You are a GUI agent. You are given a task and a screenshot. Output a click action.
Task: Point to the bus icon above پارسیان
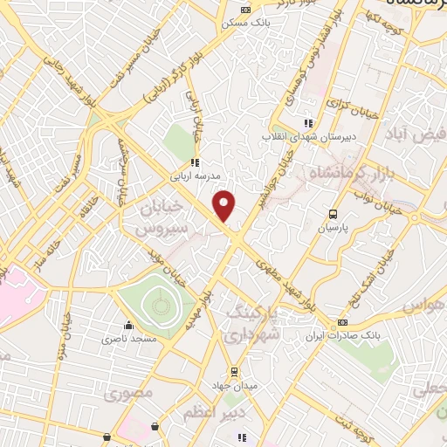pyautogui.click(x=333, y=213)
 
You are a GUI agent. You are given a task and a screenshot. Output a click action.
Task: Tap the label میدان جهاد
pyautogui.click(x=232, y=385)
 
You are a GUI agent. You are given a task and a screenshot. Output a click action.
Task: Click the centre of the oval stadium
pyautogui.click(x=160, y=304)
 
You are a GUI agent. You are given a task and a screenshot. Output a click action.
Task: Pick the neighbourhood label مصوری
pyautogui.click(x=128, y=394)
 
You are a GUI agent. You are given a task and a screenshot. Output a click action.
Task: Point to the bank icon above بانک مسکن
pyautogui.click(x=245, y=10)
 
